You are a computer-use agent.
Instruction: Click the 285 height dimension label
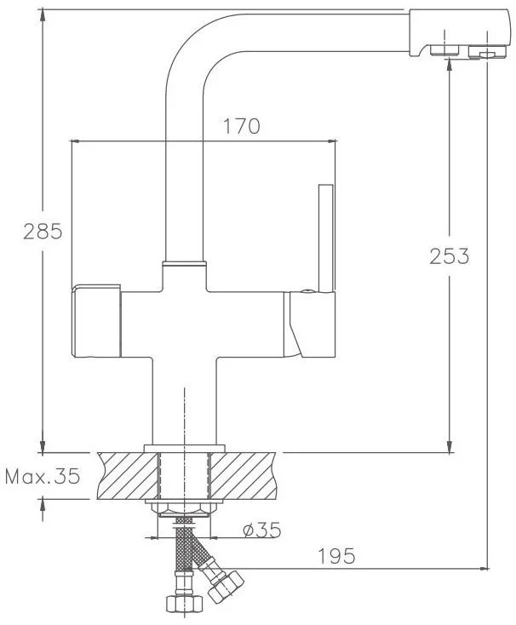pyautogui.click(x=43, y=232)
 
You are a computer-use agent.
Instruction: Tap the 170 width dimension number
pyautogui.click(x=242, y=126)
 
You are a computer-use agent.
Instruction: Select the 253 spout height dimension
pyautogui.click(x=450, y=256)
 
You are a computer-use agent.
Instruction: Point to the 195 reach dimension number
pyautogui.click(x=336, y=556)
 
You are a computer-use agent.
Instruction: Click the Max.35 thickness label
pyautogui.click(x=43, y=475)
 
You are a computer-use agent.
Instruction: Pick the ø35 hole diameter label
pyautogui.click(x=262, y=530)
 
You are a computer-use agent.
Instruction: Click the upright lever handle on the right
pyautogui.click(x=326, y=238)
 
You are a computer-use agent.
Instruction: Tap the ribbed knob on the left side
pyautogui.click(x=96, y=321)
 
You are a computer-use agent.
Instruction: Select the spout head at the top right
pyautogui.click(x=460, y=33)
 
